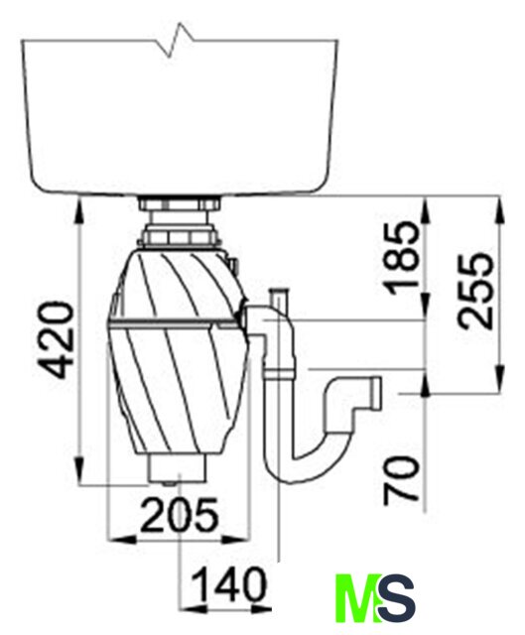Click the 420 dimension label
click(56, 340)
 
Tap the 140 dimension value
click(229, 584)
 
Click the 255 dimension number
click(475, 291)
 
